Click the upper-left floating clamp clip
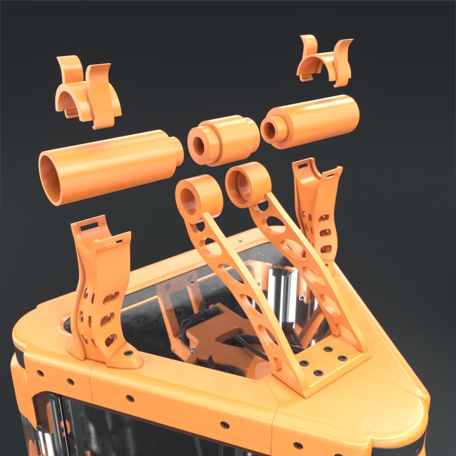pyautogui.click(x=88, y=94)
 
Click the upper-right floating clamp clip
pyautogui.click(x=324, y=61)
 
